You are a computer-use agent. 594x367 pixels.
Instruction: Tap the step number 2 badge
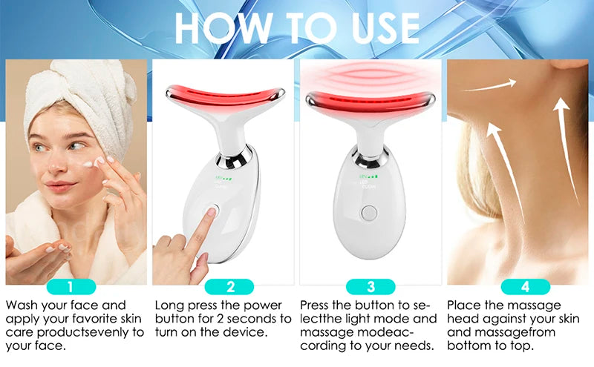coord(229,287)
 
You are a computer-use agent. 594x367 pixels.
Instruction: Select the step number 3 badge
coord(371,287)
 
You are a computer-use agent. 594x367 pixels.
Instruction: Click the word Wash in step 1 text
coord(23,305)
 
